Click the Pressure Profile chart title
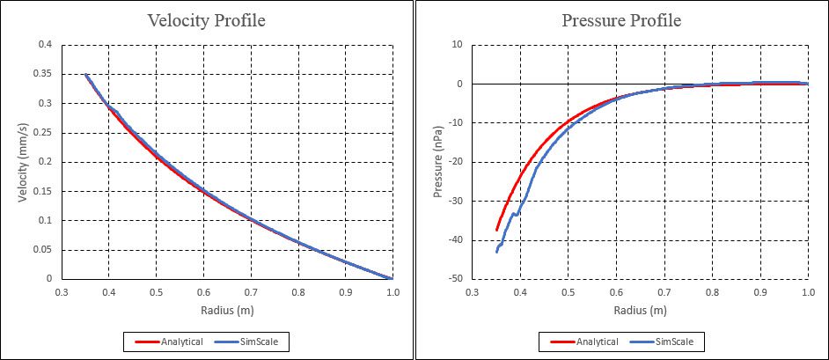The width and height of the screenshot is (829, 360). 621,20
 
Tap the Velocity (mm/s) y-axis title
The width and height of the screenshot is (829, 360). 25,162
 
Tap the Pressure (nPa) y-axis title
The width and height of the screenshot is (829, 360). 437,162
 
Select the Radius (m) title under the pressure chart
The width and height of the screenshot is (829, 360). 639,310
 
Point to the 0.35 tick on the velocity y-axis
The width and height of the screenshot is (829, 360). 40,74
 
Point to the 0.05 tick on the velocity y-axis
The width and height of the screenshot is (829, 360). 40,250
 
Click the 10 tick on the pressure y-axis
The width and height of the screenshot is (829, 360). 457,45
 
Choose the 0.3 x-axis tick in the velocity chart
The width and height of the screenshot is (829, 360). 61,292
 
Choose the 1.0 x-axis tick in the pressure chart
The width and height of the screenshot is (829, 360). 808,292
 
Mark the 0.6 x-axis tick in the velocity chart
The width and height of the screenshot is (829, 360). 203,292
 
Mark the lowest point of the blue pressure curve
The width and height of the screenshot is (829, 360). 497,252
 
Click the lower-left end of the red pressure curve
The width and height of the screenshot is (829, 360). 497,230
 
